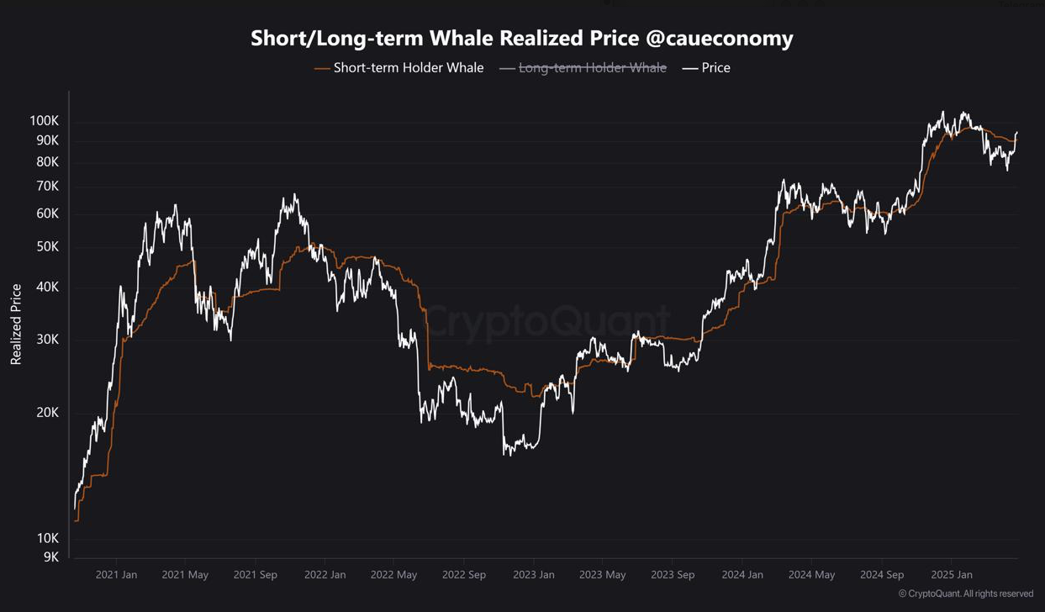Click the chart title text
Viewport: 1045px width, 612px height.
click(x=521, y=39)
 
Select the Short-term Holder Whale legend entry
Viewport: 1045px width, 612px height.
click(x=408, y=68)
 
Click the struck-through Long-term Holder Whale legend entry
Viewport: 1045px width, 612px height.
click(x=592, y=68)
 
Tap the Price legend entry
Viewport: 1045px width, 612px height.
click(x=715, y=68)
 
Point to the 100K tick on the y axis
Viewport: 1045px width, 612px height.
click(x=44, y=121)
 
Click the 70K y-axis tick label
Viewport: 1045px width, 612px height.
click(x=47, y=186)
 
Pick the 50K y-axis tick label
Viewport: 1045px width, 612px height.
click(x=47, y=247)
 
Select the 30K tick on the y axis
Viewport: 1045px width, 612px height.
click(x=47, y=340)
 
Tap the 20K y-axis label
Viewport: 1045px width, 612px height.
click(x=47, y=413)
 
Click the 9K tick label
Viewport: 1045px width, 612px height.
click(x=50, y=557)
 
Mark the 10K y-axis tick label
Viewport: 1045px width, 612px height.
click(x=47, y=538)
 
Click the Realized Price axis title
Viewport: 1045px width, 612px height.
click(x=16, y=324)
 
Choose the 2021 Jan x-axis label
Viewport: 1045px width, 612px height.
click(x=116, y=575)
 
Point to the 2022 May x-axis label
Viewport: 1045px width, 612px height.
click(x=394, y=575)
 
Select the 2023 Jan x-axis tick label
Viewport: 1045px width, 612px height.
click(x=533, y=575)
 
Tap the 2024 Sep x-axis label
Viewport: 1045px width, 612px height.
click(x=882, y=575)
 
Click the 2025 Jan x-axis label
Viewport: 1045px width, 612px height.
click(x=952, y=575)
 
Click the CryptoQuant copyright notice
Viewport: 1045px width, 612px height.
click(x=965, y=594)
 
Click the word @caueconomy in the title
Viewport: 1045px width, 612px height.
click(x=725, y=39)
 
